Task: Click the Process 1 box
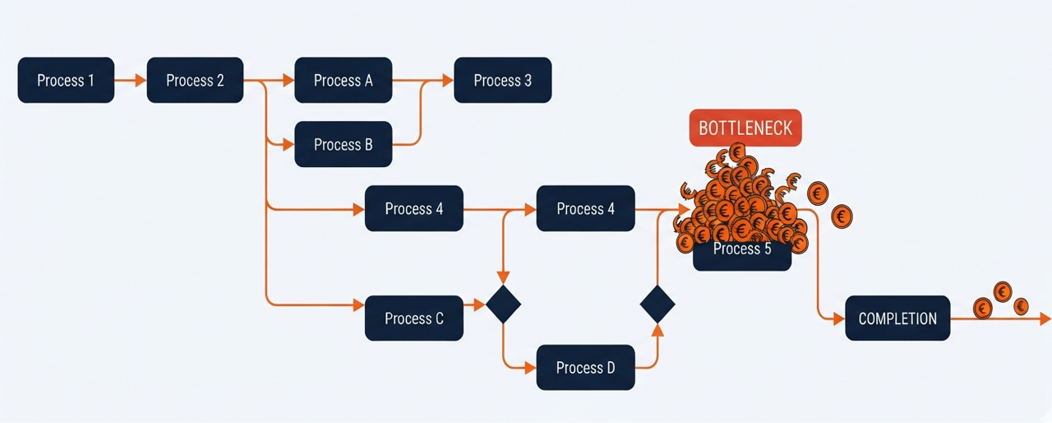[66, 80]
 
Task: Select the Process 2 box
[195, 80]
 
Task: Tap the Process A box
[344, 80]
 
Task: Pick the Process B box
[344, 144]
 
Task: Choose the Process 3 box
[502, 80]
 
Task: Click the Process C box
[413, 318]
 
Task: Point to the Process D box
[586, 367]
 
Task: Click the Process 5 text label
[742, 249]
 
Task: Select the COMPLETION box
[897, 318]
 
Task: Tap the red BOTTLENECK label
[745, 128]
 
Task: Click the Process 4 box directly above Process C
[413, 208]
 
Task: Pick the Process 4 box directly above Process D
[586, 208]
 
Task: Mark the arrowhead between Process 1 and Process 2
[141, 81]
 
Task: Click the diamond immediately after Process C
[504, 304]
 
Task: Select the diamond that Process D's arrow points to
[657, 304]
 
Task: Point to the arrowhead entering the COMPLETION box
[839, 319]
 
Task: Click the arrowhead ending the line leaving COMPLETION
[1045, 318]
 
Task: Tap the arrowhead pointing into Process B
[288, 144]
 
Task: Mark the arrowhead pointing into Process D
[530, 368]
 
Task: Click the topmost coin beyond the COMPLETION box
[1003, 292]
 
